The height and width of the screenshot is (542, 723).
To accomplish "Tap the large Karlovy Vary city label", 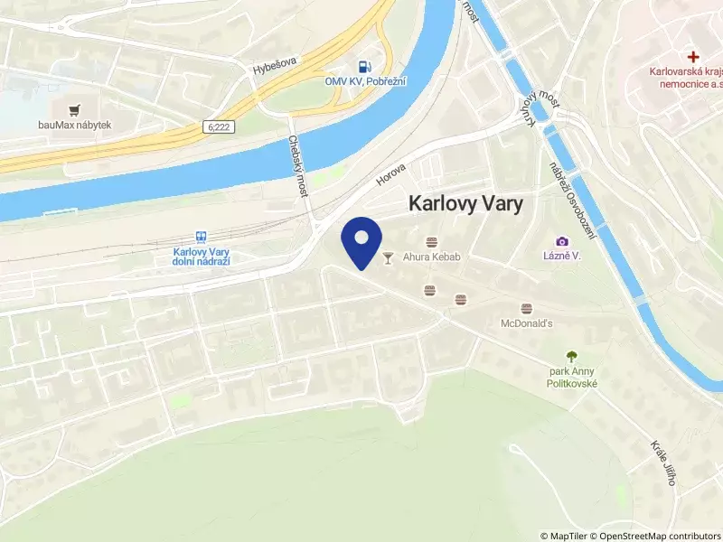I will pos(466,204).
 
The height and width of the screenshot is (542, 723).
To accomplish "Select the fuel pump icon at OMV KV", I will pos(363,66).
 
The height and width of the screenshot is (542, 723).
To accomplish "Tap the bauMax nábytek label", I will pos(74,125).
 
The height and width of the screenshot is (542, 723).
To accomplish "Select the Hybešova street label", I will pos(274,66).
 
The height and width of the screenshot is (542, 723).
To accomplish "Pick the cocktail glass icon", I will pos(389,257).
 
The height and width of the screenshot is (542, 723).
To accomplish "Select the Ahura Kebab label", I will pos(432,257).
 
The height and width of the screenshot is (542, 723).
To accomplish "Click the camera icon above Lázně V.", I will pos(562,241).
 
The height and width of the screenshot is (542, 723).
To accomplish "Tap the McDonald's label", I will pos(526,322).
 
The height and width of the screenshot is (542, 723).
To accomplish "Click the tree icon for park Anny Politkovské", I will pos(571,357).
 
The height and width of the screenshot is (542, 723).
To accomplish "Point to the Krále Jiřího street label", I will pos(662,463).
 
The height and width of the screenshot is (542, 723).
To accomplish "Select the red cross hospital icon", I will pos(693,56).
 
